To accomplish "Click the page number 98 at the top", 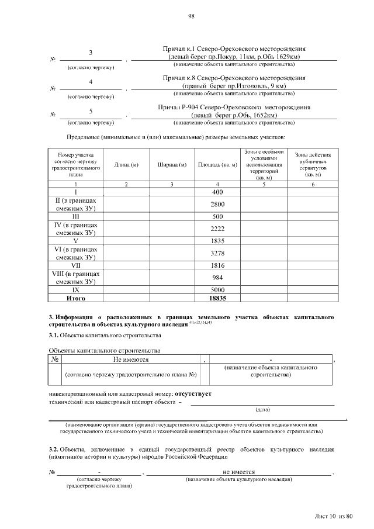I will (191, 16).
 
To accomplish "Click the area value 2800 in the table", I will (217, 204).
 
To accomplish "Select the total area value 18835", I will (217, 298).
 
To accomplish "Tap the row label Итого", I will (75, 298).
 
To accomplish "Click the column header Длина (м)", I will (126, 164).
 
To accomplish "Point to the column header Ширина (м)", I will (172, 164).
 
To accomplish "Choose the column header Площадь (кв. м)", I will (217, 164).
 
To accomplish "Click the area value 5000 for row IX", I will (217, 290).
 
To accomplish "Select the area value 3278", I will (217, 253).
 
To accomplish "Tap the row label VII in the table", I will (75, 265).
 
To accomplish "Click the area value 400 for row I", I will (217, 192).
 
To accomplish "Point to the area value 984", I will (217, 278).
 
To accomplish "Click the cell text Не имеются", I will (131, 359).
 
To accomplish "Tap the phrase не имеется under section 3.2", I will (238, 471).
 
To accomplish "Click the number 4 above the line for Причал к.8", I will (91, 82).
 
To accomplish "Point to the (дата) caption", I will (263, 409).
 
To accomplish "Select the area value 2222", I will (217, 229).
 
